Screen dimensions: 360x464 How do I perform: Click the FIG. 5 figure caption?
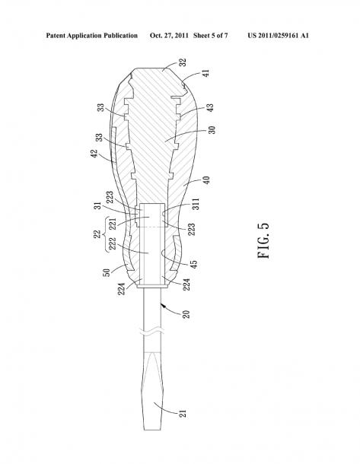263,240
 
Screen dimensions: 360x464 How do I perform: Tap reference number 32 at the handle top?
183,62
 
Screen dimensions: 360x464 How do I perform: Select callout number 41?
206,73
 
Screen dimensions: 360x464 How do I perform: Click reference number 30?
212,130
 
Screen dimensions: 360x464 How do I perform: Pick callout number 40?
207,180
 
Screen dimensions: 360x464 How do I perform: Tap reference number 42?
94,154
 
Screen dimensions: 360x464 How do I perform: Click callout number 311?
196,204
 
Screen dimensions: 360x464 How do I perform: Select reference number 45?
195,264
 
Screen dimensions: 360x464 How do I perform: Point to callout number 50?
107,272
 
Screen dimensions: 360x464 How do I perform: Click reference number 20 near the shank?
186,314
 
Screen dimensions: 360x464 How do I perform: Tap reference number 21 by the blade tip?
183,413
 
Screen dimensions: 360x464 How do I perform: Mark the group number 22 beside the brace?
97,234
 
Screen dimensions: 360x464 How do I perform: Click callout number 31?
99,206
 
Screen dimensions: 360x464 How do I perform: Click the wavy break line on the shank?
153,332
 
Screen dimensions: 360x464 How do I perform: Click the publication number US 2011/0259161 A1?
279,36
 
